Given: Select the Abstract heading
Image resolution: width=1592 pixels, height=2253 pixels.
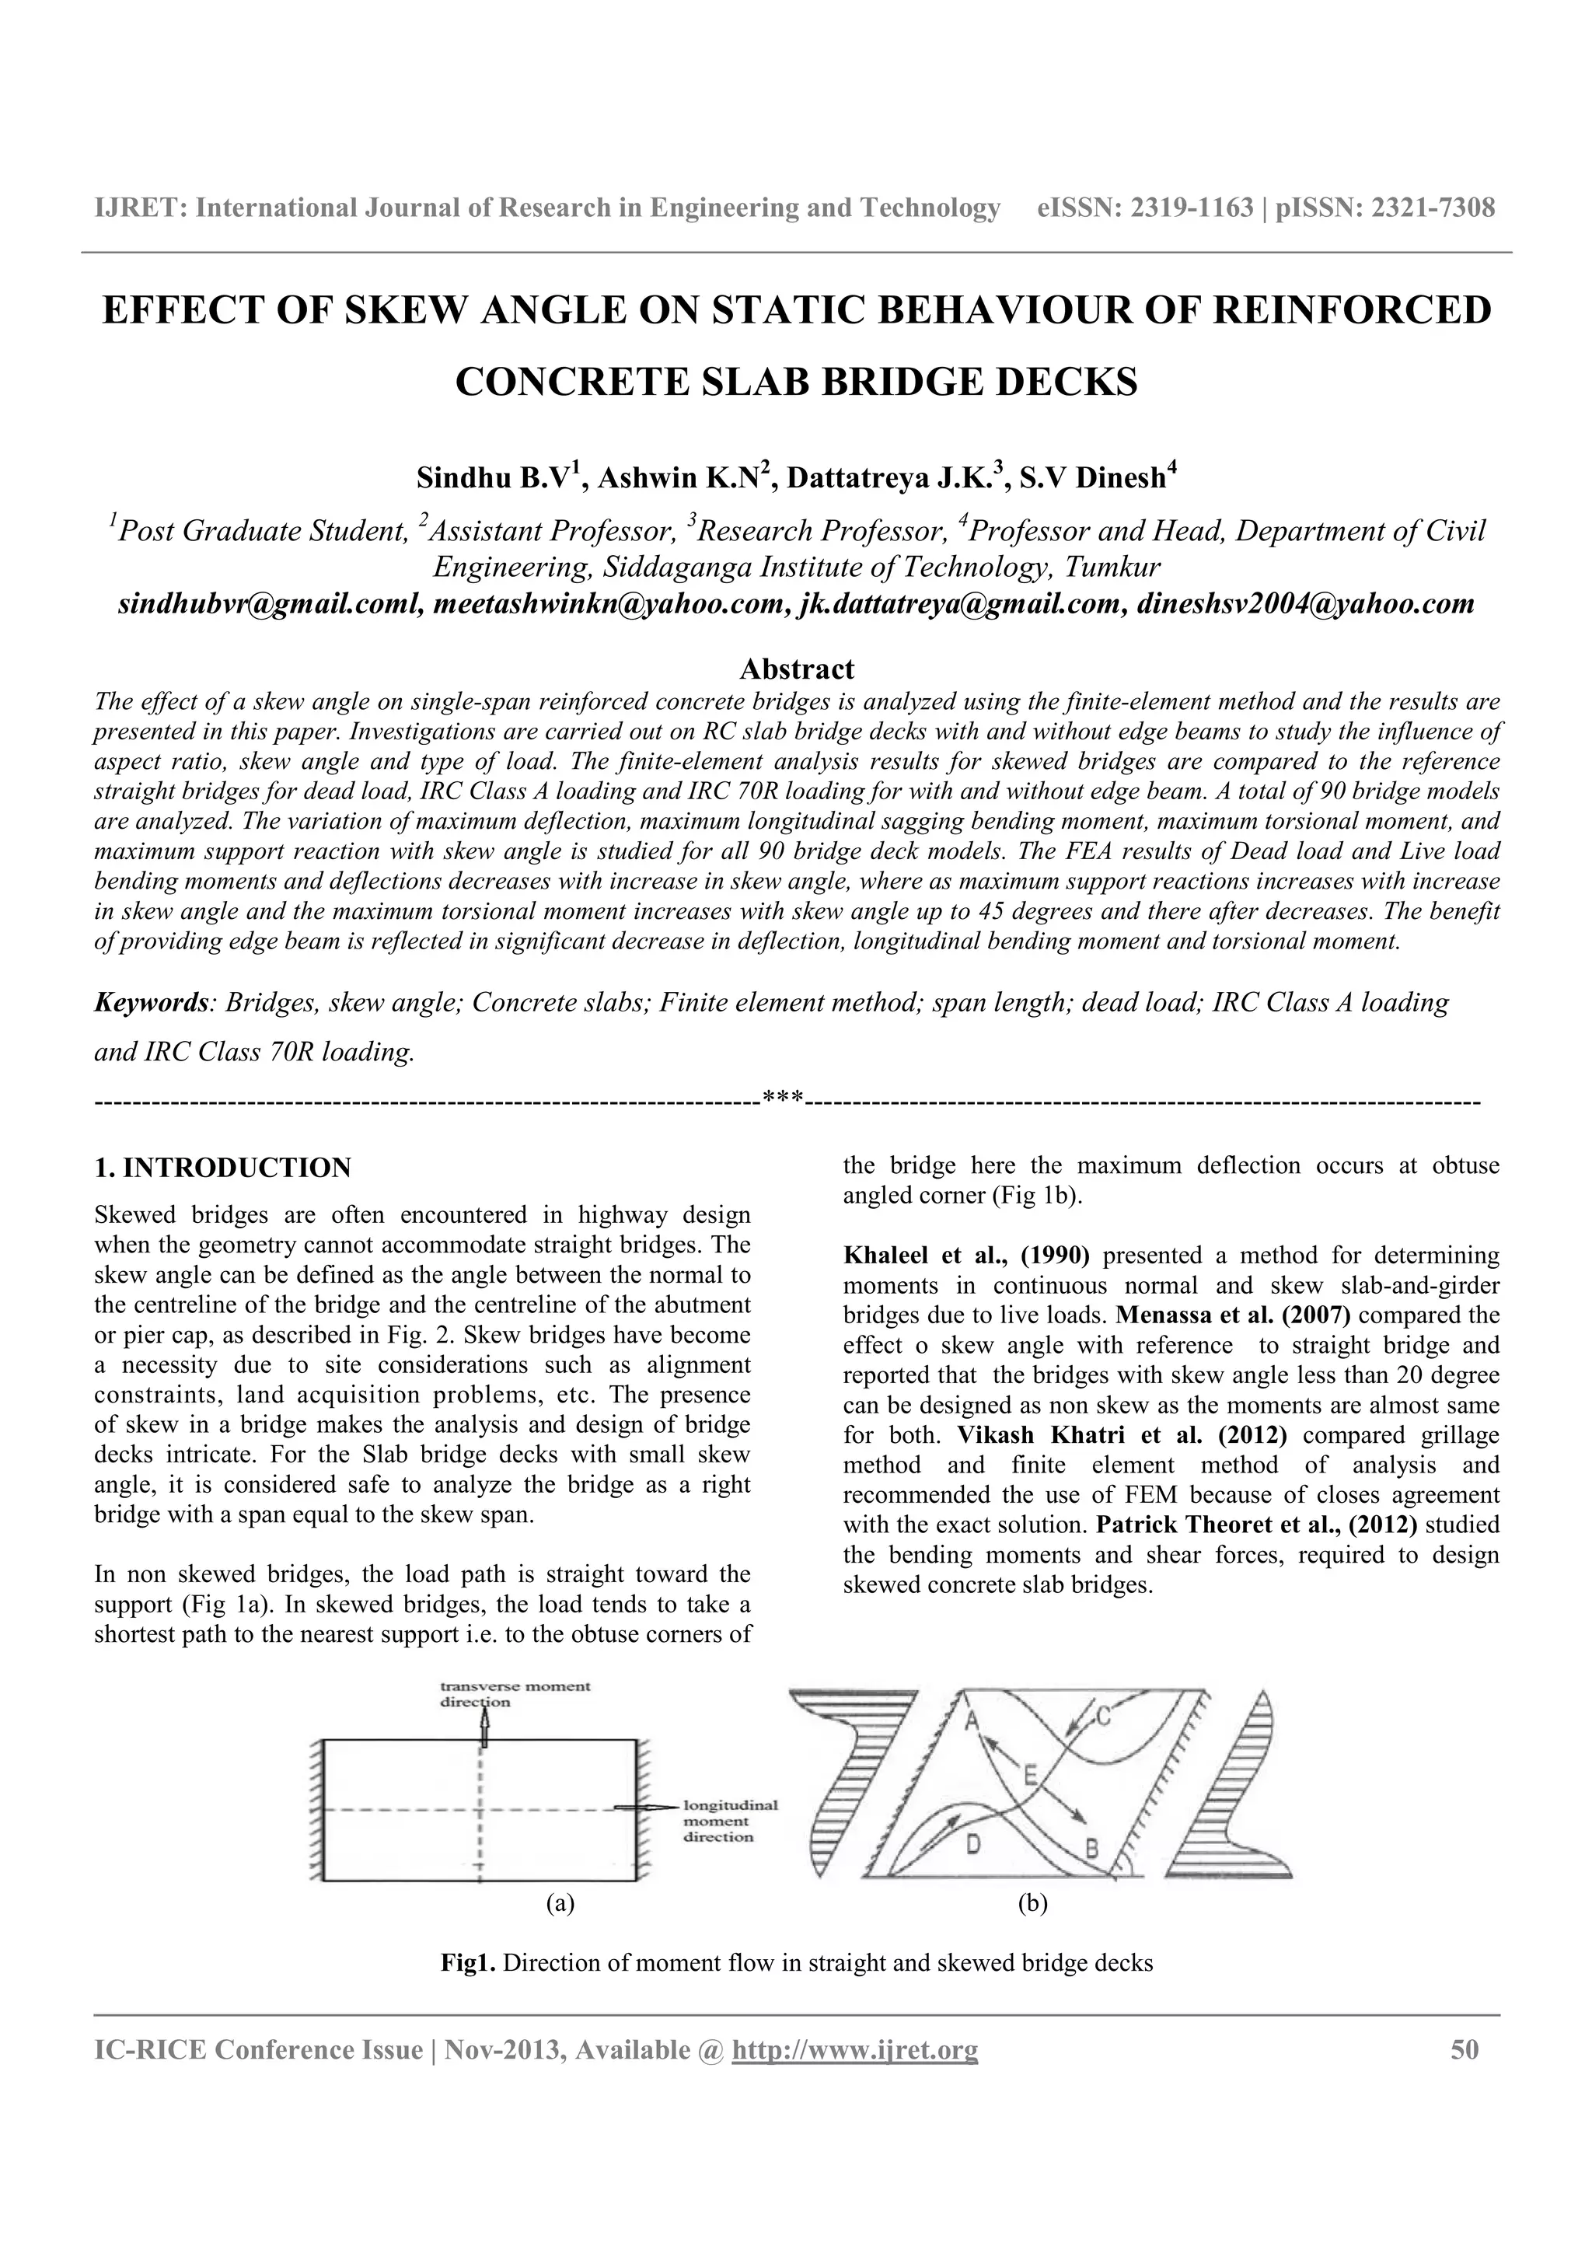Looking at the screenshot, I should (x=797, y=669).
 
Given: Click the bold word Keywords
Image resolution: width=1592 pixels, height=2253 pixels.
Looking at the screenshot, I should (x=150, y=1003).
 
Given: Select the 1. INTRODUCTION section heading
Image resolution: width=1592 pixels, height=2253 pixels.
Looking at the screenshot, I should (x=222, y=1168).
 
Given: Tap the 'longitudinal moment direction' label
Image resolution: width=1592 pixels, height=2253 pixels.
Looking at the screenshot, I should (x=730, y=1822).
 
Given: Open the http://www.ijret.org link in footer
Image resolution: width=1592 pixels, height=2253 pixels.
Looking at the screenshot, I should (x=855, y=2051).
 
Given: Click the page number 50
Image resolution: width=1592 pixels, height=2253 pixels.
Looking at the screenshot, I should (x=1464, y=2050).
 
